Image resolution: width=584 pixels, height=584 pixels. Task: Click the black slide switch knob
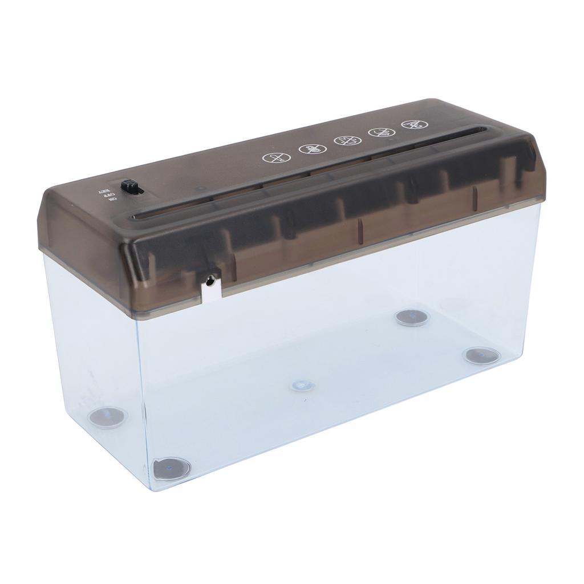click(x=131, y=186)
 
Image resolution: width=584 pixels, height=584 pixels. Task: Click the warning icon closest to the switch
click(x=272, y=159)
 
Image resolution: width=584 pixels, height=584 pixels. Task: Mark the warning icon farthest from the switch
click(x=411, y=124)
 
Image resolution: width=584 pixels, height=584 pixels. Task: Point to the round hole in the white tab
click(x=211, y=280)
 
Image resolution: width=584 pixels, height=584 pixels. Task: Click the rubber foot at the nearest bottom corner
click(x=171, y=469)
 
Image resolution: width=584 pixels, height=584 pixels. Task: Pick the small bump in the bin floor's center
click(x=302, y=386)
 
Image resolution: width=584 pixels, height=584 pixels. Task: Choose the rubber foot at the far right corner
click(x=481, y=355)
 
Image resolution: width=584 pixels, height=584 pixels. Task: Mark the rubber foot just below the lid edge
click(x=413, y=317)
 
